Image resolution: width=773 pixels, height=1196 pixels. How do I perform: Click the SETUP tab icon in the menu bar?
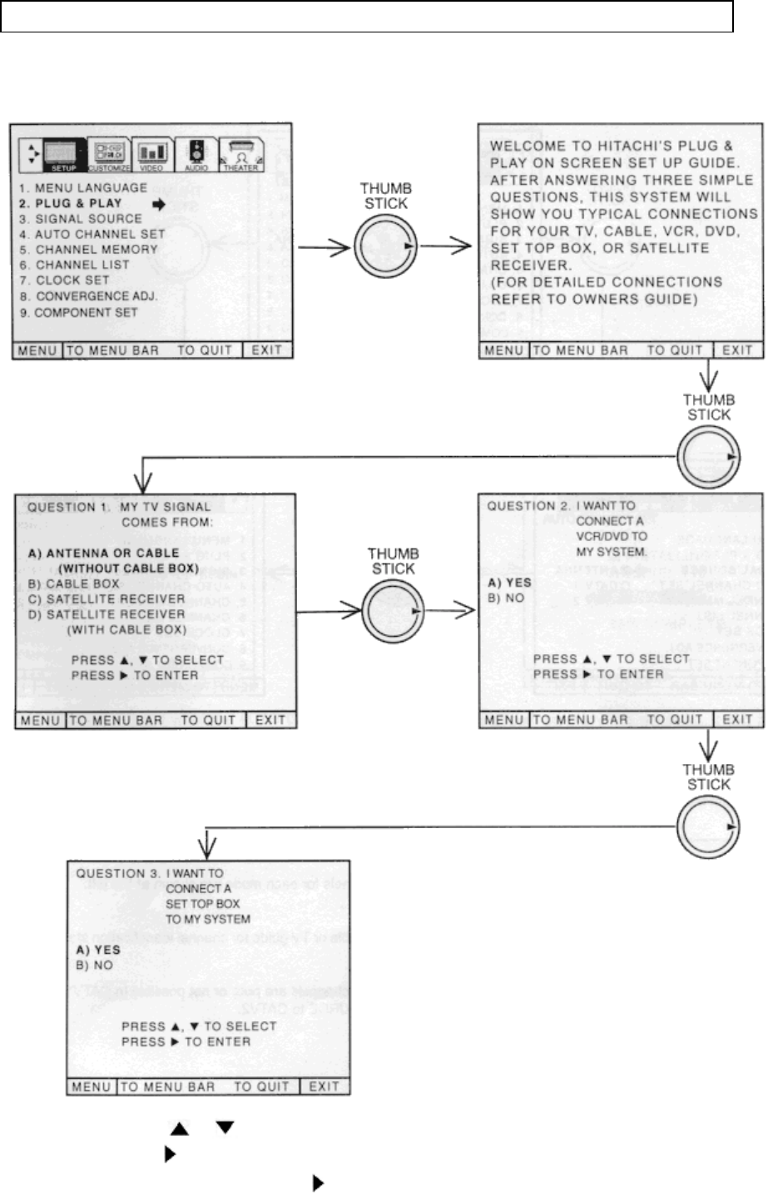(64, 155)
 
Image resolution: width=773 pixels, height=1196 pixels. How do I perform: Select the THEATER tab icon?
(241, 155)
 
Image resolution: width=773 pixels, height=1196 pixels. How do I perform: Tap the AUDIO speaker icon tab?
(196, 154)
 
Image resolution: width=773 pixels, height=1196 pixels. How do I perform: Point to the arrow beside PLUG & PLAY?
(159, 204)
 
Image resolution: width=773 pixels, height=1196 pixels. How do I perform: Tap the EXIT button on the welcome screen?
(737, 350)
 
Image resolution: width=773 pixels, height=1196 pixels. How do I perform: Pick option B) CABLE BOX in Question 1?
(73, 583)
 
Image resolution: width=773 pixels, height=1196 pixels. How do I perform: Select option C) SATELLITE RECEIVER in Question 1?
(106, 598)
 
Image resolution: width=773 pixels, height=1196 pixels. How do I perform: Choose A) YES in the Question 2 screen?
(509, 583)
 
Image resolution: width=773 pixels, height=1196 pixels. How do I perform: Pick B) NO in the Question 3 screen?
(94, 965)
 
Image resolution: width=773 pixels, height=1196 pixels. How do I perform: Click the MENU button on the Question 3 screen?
(91, 1086)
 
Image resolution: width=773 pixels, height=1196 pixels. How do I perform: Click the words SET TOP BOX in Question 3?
(202, 904)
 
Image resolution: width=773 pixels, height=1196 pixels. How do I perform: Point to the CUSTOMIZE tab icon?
(110, 155)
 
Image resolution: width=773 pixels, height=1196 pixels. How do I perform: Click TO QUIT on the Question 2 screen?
(674, 720)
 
